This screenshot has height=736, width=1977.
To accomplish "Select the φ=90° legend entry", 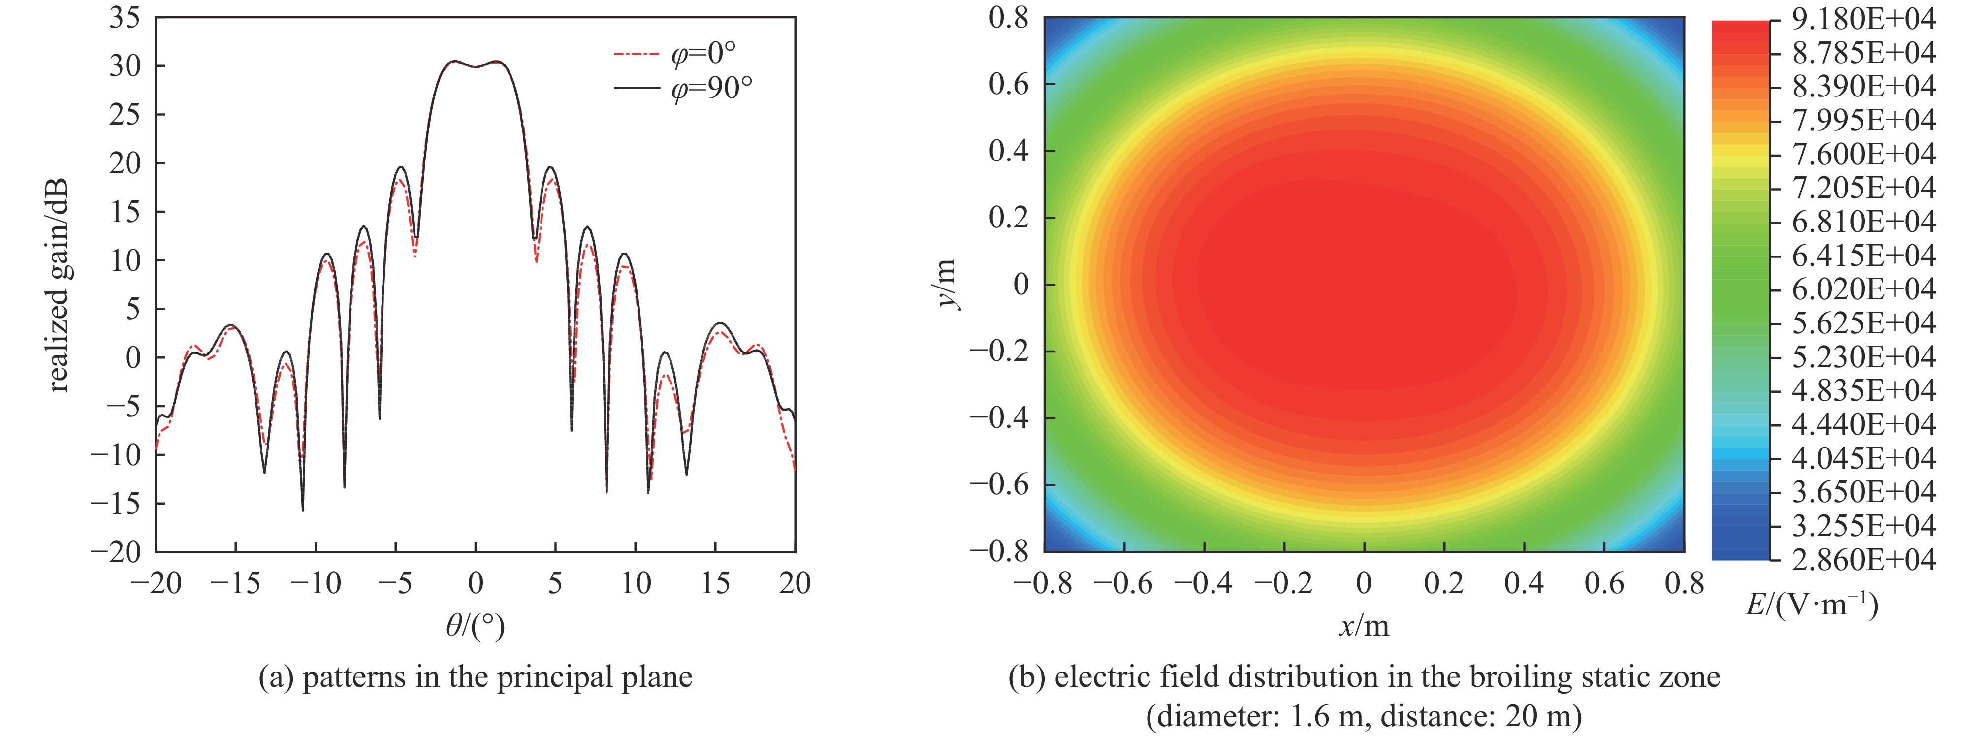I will tap(683, 90).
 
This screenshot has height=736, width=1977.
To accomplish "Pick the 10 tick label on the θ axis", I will tap(636, 584).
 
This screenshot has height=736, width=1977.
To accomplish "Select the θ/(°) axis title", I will tap(475, 628).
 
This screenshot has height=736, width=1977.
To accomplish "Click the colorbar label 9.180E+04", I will tap(1863, 19).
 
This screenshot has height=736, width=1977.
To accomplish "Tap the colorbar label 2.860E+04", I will tap(1863, 559).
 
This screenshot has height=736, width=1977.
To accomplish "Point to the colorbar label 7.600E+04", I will tap(1863, 154).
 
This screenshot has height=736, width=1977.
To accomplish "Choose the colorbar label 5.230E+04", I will tap(1863, 357).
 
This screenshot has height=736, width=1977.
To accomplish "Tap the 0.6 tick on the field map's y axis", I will tap(1009, 84).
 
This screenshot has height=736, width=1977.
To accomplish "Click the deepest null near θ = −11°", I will tap(302, 510).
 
